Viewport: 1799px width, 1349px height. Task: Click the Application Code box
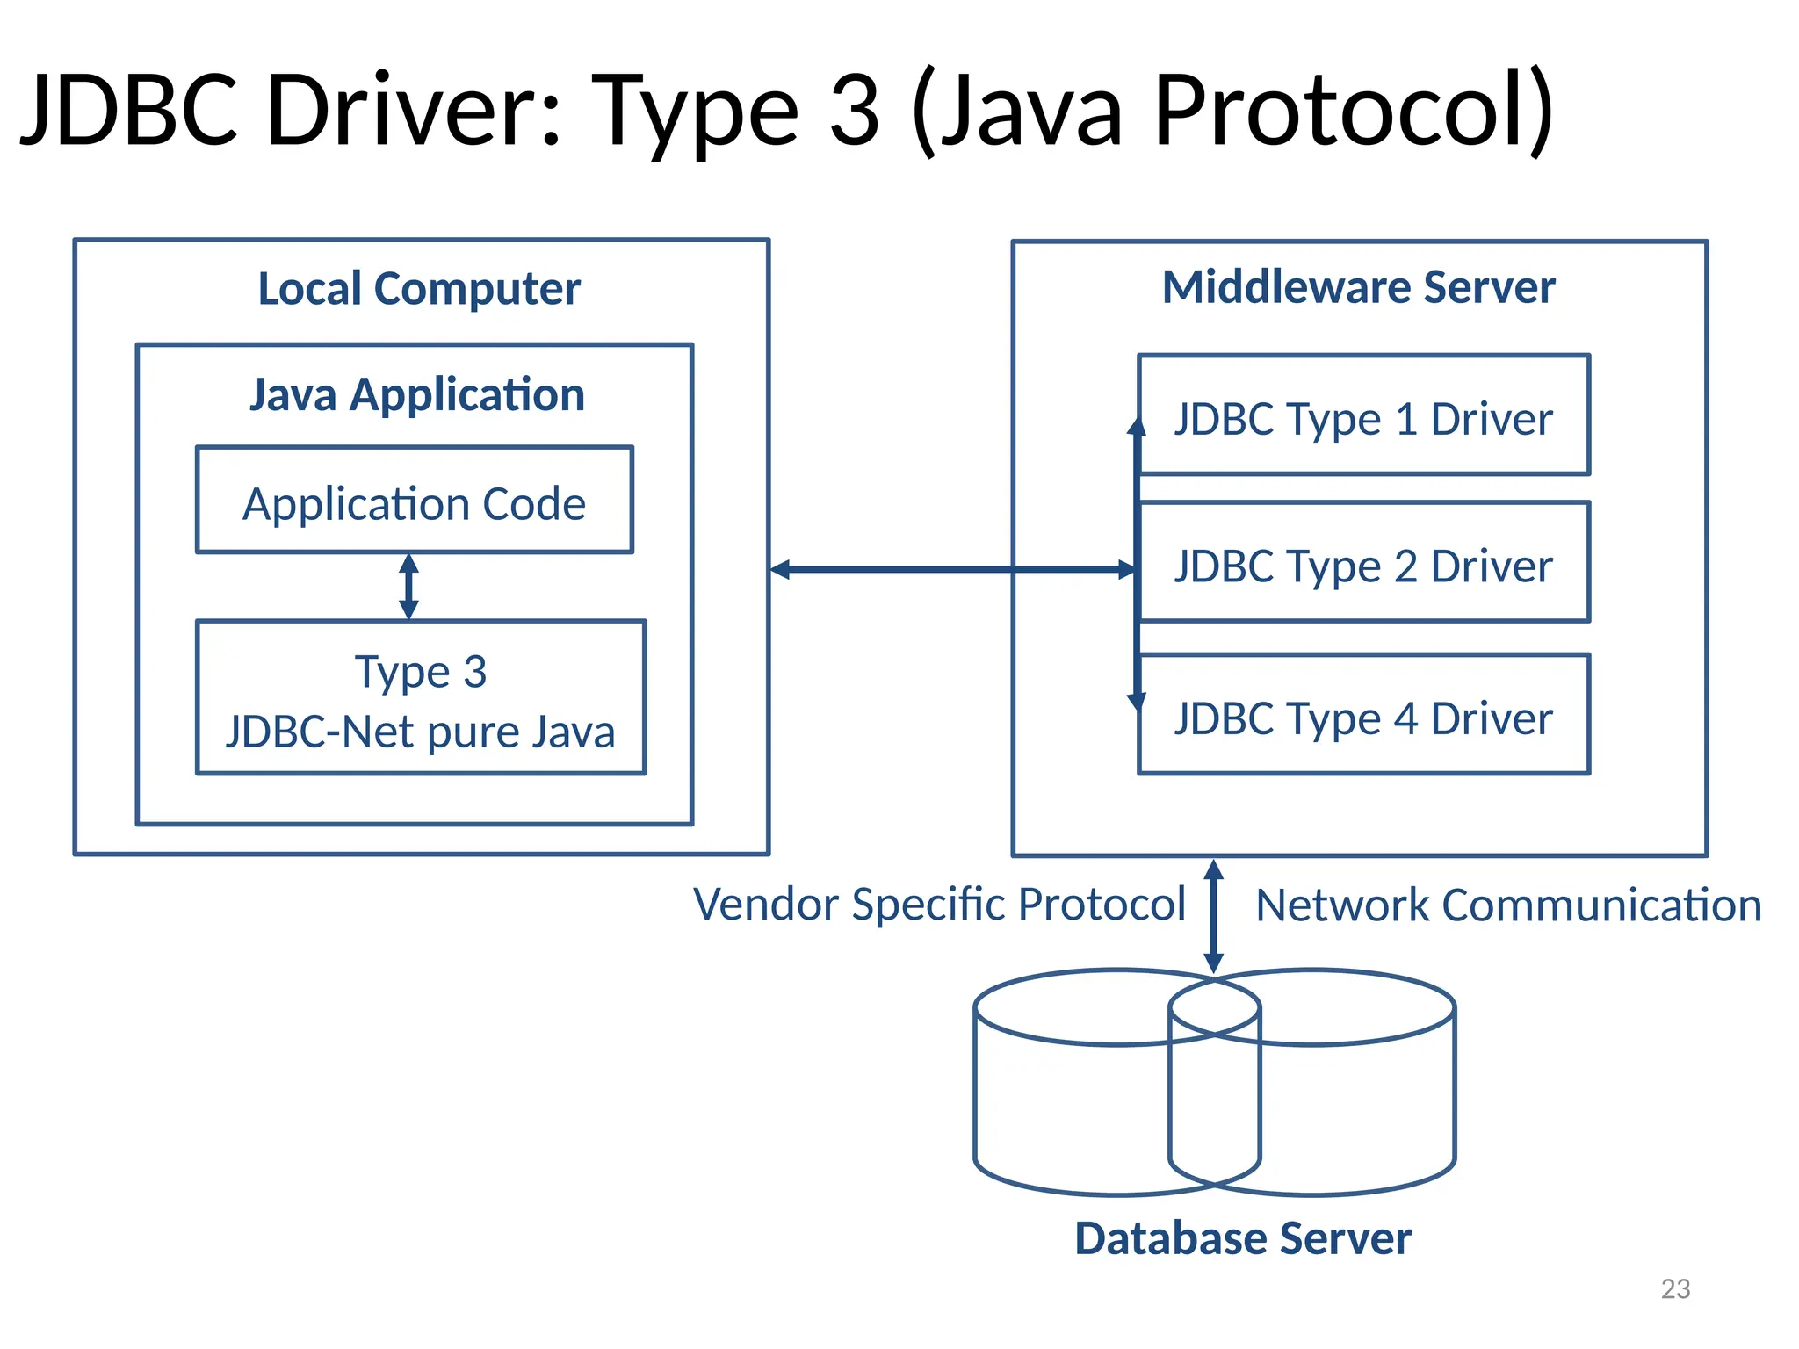(x=414, y=501)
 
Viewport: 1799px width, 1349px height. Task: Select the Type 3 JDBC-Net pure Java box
(x=421, y=698)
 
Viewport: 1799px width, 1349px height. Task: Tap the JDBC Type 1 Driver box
(x=1363, y=416)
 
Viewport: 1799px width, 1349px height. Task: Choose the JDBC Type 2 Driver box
(x=1363, y=563)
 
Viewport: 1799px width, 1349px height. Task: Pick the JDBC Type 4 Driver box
(x=1363, y=715)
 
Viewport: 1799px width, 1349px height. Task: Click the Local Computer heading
(x=419, y=289)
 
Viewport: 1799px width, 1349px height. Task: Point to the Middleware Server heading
(x=1358, y=287)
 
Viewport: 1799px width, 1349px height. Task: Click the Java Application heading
(x=417, y=394)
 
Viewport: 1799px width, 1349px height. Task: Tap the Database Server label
(x=1242, y=1238)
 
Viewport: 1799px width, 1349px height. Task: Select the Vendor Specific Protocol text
(x=939, y=905)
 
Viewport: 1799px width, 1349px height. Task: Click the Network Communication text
(x=1508, y=905)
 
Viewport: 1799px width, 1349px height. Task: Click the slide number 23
(x=1675, y=1288)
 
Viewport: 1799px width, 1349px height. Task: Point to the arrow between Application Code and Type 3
(x=408, y=587)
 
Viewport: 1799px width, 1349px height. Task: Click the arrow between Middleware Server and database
(x=1213, y=916)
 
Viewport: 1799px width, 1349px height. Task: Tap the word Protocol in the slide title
(x=1354, y=112)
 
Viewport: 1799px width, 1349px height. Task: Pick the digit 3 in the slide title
(x=854, y=112)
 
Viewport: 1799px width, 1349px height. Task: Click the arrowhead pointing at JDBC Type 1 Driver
(x=1137, y=427)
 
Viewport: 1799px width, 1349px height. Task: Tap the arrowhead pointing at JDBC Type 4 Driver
(x=1137, y=702)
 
